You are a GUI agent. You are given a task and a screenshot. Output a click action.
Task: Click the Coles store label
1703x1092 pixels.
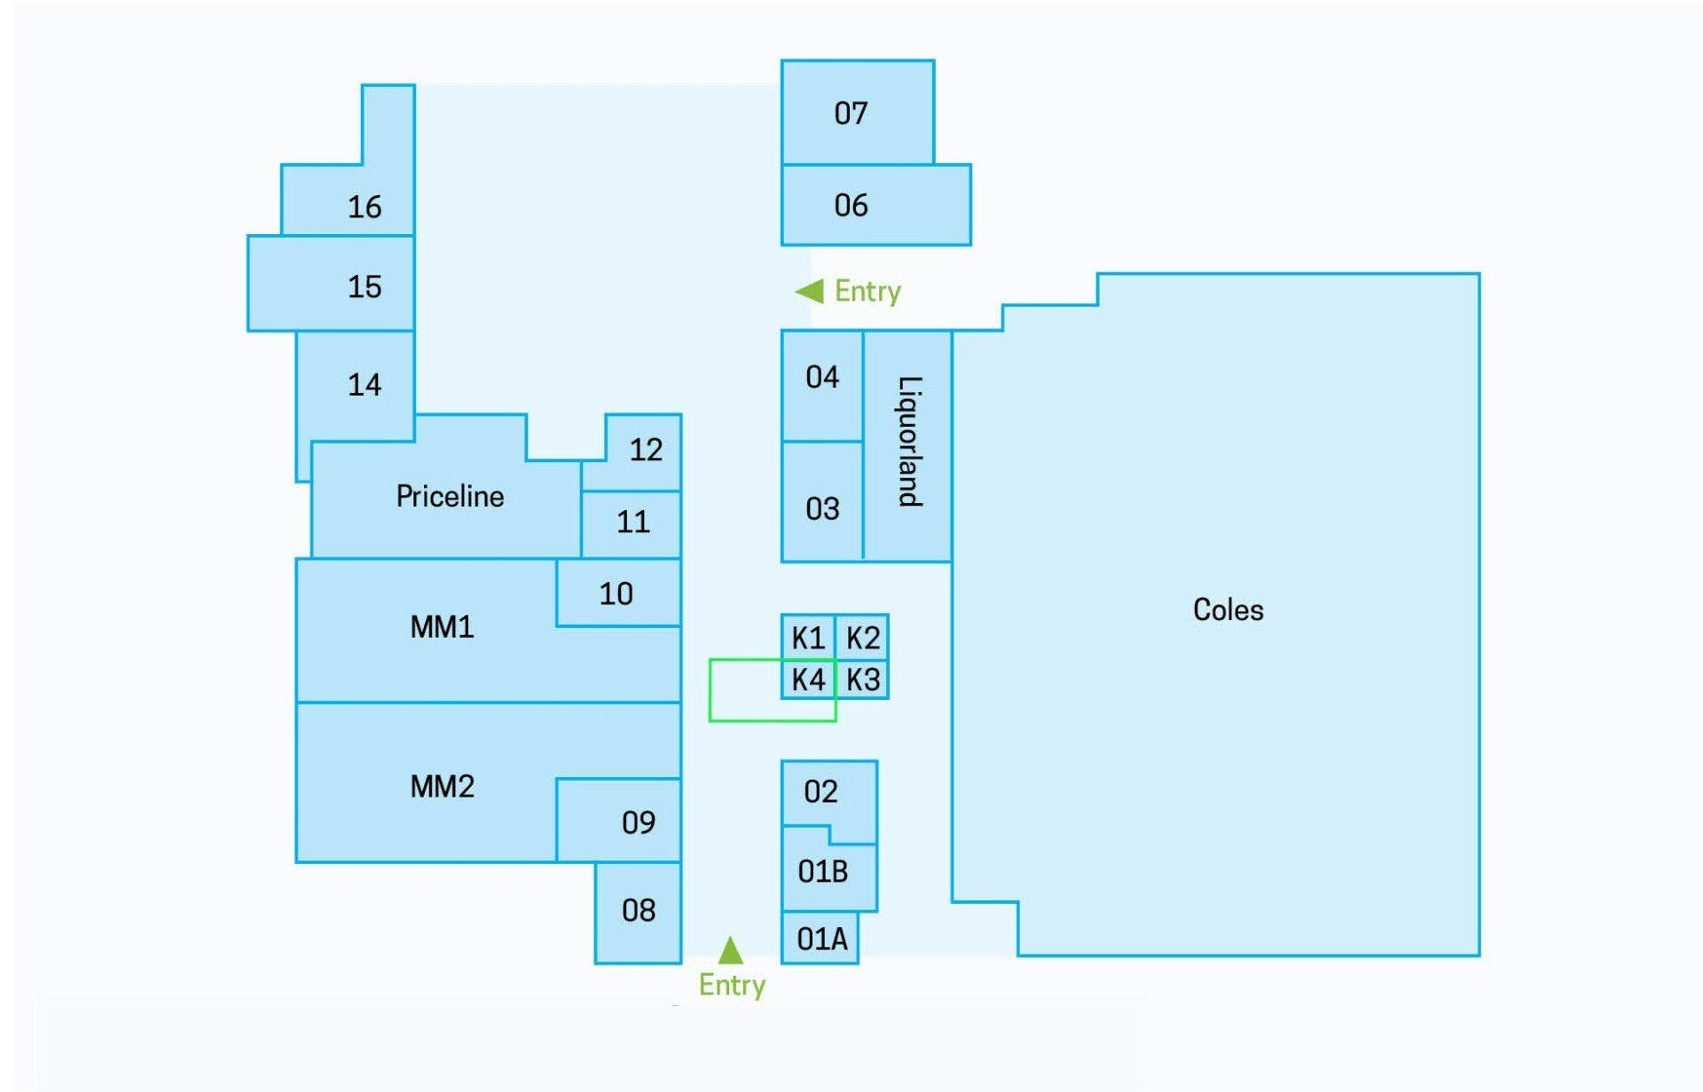coord(1228,609)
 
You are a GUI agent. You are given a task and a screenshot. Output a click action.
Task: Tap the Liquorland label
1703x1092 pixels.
coord(910,441)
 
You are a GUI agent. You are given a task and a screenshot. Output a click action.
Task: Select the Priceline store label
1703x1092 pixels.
coord(450,496)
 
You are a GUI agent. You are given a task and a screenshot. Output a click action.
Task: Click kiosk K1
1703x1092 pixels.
coord(808,637)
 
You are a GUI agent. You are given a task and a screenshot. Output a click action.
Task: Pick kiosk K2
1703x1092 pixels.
coord(862,637)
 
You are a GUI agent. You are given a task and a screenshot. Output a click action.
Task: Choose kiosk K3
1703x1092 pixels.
coord(862,680)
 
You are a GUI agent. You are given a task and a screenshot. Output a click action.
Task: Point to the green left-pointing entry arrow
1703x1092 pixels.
coord(809,291)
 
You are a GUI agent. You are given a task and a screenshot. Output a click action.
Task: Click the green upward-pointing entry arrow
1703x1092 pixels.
coord(730,950)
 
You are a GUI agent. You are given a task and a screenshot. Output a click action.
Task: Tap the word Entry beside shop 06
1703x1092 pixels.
coord(867,291)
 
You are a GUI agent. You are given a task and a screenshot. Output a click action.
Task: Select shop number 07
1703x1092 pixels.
coord(851,114)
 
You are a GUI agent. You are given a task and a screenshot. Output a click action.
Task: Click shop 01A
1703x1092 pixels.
coord(821,939)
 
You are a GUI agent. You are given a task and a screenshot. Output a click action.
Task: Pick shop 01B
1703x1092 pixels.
coord(822,871)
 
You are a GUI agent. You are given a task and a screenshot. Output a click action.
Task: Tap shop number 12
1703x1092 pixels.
coord(646,450)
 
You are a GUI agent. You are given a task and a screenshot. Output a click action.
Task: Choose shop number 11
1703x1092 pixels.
coord(633,522)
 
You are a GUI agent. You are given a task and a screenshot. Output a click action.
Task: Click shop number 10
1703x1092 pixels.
coord(616,593)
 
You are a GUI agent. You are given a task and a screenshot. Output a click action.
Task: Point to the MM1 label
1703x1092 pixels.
coord(442,627)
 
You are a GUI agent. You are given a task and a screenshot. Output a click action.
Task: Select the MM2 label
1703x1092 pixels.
coord(442,786)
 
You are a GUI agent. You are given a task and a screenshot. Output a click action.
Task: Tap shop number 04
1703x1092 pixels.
coord(822,377)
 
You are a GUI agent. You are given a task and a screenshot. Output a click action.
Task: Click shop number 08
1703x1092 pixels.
coord(639,910)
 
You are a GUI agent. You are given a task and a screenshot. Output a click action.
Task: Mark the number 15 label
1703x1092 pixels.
coord(365,287)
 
